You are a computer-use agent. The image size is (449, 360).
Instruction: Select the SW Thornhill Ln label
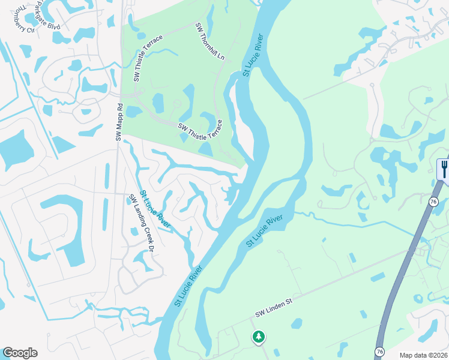tap(209, 41)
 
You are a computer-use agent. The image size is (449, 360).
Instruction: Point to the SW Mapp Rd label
tap(119, 122)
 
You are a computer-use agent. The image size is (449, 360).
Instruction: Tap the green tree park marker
tap(259, 337)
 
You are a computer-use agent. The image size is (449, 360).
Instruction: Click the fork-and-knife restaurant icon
tap(444, 169)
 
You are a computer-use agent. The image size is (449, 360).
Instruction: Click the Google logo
tap(20, 353)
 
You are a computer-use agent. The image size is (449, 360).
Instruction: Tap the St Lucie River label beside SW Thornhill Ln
tap(253, 55)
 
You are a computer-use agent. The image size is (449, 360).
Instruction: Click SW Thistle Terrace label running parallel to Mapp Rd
tap(148, 58)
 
